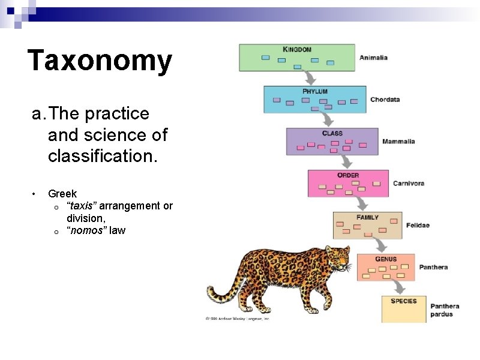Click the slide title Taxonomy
(100, 61)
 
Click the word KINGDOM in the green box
(297, 49)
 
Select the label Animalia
(373, 58)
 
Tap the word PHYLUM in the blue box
(315, 91)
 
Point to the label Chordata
(385, 100)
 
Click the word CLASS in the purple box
(332, 133)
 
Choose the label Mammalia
(398, 142)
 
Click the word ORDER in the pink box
(348, 175)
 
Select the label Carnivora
(408, 183)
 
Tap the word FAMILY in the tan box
(368, 217)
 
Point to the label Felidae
(418, 226)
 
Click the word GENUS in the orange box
(386, 259)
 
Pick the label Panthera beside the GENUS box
(433, 267)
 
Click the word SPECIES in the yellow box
(404, 301)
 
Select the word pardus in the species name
(442, 314)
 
